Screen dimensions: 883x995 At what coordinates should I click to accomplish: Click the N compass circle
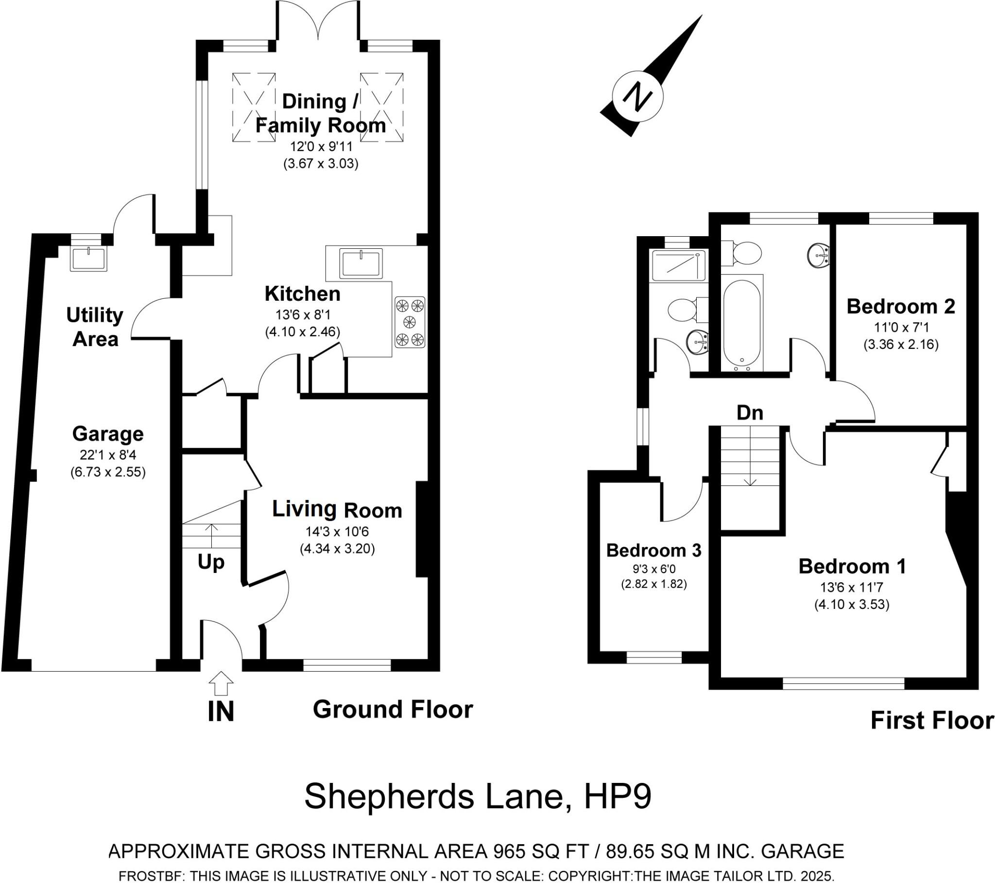pos(637,95)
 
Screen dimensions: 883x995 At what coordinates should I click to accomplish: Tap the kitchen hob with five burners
pos(410,322)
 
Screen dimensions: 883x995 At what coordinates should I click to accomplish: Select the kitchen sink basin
pos(361,263)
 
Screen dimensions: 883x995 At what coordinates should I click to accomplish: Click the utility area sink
pos(88,259)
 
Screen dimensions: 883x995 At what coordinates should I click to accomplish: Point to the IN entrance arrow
pos(221,683)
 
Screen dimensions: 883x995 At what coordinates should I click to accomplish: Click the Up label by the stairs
pos(211,563)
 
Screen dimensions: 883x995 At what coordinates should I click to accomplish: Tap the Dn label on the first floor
pos(750,413)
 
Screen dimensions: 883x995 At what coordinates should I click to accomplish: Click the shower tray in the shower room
pos(678,265)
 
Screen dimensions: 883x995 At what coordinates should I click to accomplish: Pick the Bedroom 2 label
pos(901,306)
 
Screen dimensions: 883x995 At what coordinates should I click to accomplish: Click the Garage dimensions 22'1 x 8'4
pos(108,455)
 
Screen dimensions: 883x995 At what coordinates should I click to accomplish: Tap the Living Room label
pos(337,509)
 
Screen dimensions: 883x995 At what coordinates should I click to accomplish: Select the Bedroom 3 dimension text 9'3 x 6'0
pos(654,569)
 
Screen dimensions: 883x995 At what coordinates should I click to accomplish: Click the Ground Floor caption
pos(393,710)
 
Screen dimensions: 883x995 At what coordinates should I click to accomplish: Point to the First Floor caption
pos(932,721)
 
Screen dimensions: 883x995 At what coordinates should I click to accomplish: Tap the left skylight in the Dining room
pos(254,107)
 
